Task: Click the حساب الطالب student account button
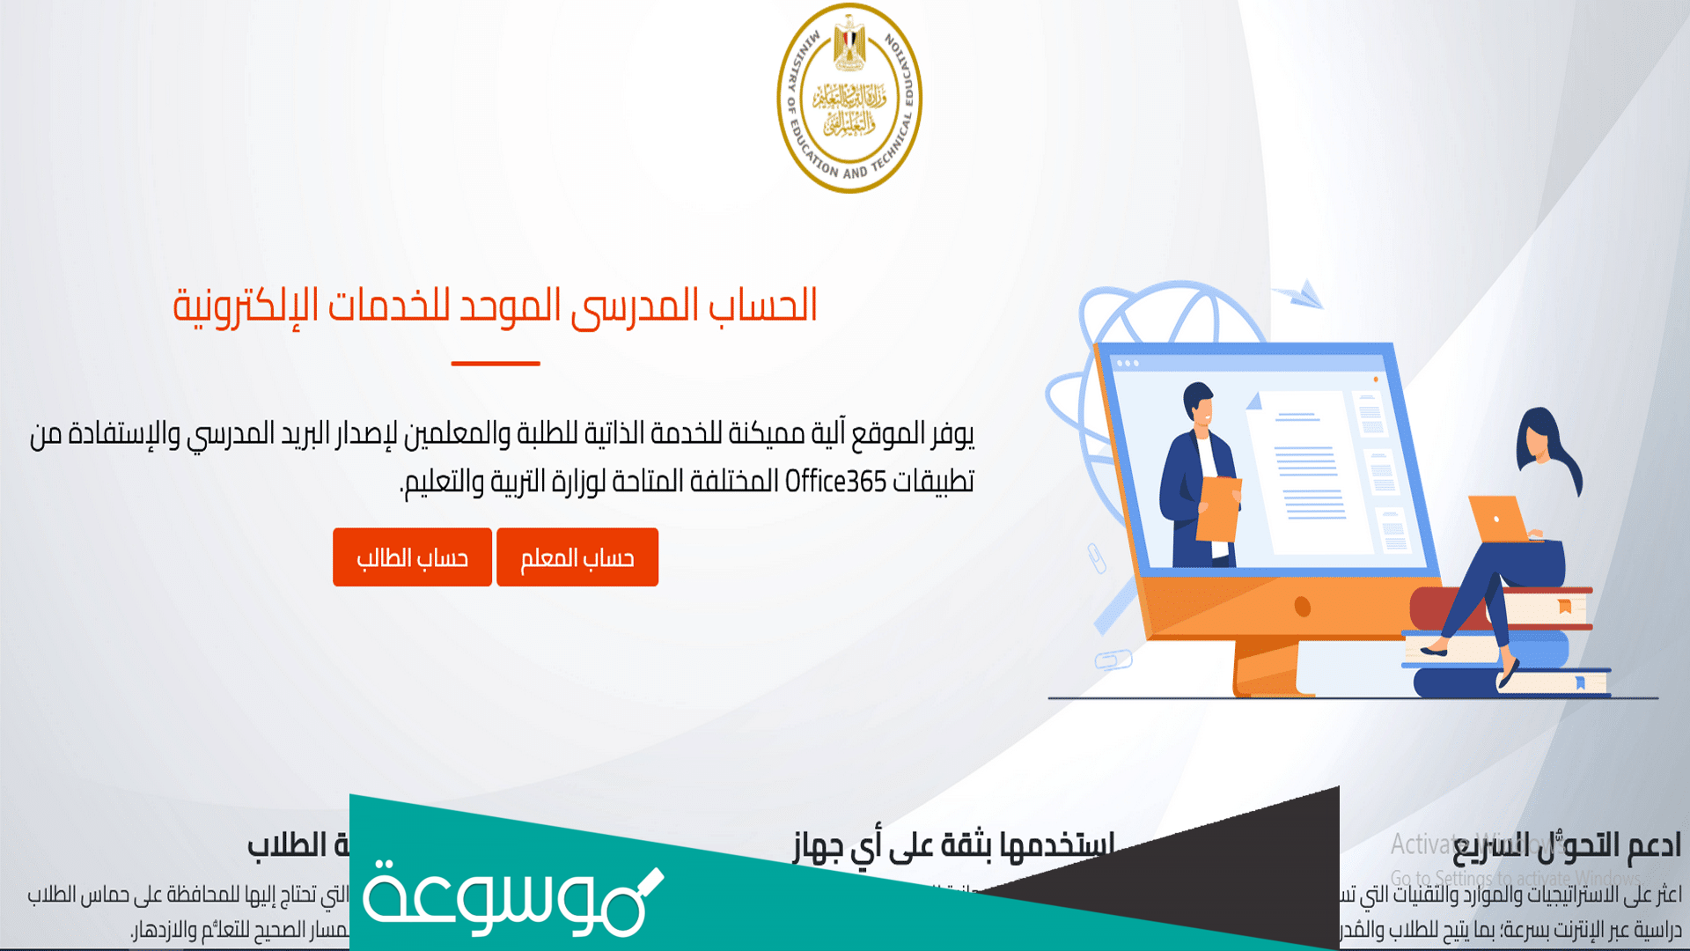[x=412, y=557]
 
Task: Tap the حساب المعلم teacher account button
[x=577, y=557]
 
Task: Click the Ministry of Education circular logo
[x=849, y=98]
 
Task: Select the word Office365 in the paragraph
[x=835, y=482]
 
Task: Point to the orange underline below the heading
[x=496, y=363]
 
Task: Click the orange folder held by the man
[x=1218, y=509]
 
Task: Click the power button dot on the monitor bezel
[x=1303, y=607]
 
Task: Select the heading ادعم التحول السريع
[x=1567, y=845]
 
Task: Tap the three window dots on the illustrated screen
[x=1128, y=364]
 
